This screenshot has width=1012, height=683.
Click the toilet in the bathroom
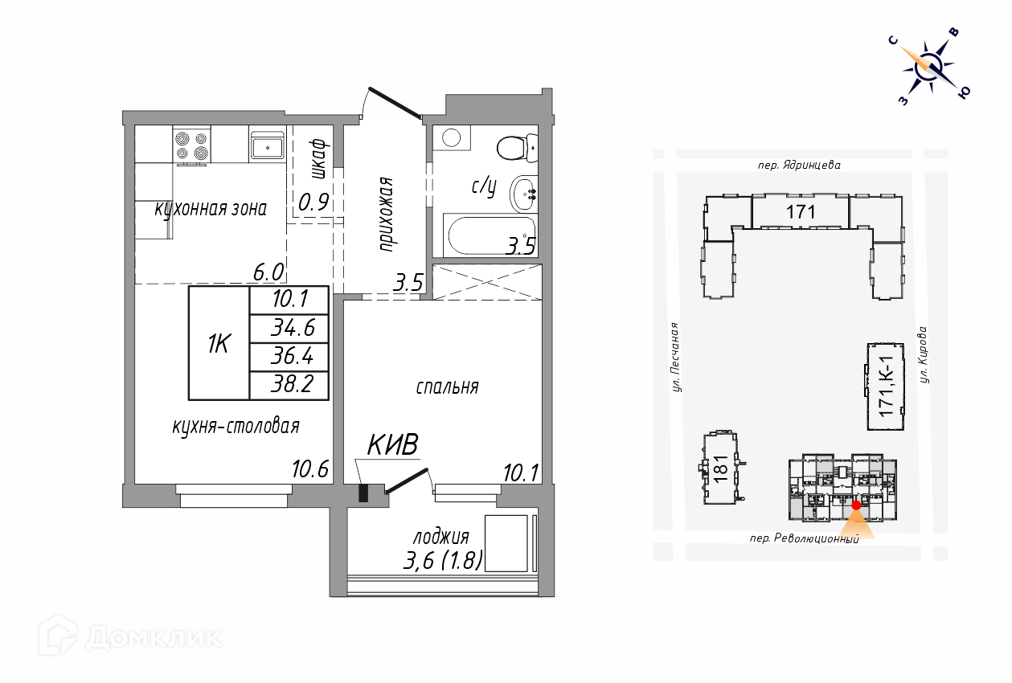[x=518, y=148]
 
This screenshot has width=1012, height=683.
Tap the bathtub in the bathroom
[x=490, y=235]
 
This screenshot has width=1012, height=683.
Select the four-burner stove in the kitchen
[x=192, y=145]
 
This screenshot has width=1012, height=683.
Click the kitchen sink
[x=267, y=144]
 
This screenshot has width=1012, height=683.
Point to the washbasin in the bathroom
[x=523, y=194]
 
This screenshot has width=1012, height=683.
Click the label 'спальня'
[x=447, y=387]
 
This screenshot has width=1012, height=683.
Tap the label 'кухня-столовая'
[x=236, y=427]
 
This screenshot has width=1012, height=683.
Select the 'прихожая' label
[x=386, y=214]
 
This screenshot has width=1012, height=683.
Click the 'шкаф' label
[x=319, y=158]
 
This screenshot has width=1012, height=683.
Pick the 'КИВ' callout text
[x=392, y=444]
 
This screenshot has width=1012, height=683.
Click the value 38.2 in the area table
[x=293, y=384]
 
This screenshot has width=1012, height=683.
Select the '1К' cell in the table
[x=219, y=343]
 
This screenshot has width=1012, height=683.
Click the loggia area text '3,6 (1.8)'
[x=443, y=561]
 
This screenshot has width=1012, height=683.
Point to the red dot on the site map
[x=856, y=505]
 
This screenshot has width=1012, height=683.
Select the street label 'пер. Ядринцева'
[x=799, y=165]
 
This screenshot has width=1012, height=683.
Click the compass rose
[x=930, y=68]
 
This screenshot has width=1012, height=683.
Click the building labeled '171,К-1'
[x=886, y=386]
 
